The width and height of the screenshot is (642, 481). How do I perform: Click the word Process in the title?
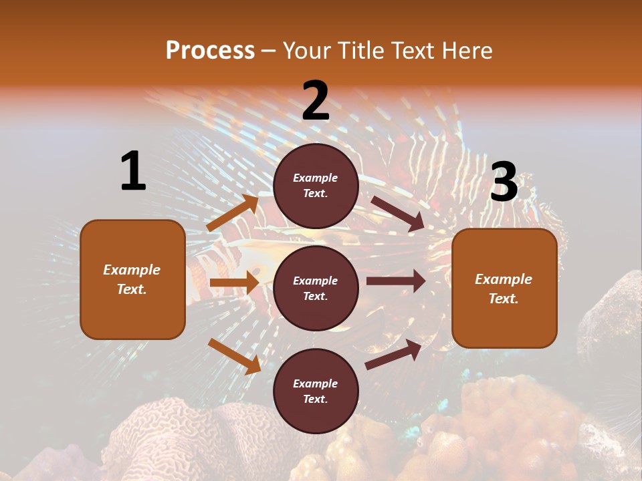(x=210, y=51)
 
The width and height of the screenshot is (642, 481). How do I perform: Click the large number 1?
(x=133, y=172)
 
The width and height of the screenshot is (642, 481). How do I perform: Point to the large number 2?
(x=316, y=101)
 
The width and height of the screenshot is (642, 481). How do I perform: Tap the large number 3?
(x=504, y=182)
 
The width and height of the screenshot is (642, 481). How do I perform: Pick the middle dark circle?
(x=316, y=288)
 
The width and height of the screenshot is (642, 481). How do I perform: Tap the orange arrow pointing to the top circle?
(x=233, y=213)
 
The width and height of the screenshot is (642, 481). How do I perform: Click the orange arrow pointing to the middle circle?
(x=234, y=283)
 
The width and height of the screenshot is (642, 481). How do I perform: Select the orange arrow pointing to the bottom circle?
(x=234, y=356)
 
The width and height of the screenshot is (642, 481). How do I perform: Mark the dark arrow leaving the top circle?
(x=399, y=213)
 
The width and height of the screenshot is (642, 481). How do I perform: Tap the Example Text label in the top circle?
(x=316, y=186)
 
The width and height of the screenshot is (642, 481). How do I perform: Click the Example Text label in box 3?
(x=504, y=289)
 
